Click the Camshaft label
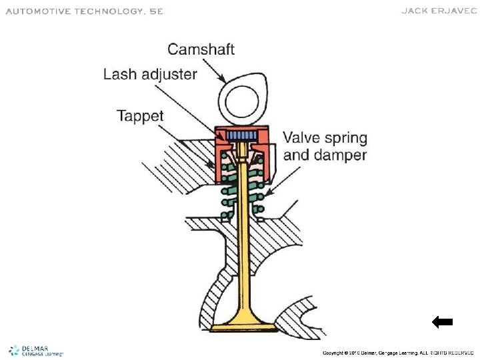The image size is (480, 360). pos(201,49)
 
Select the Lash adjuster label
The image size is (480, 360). pos(150,74)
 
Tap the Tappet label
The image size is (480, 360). pos(140,115)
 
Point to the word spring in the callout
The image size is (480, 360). pos(343,139)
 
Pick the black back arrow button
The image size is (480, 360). pos(442,322)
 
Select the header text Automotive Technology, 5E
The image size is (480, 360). pos(85,11)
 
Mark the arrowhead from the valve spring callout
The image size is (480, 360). pos(267,195)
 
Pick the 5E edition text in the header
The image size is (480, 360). pos(155,11)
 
